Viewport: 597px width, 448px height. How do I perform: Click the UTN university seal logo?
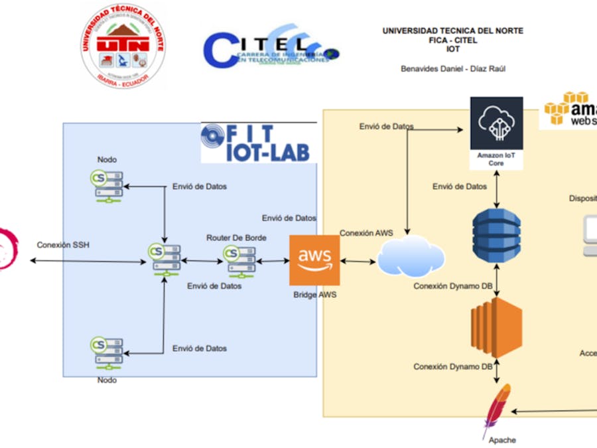(123, 46)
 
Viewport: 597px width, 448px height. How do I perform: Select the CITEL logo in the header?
(271, 48)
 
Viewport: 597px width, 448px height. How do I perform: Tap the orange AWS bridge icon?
(314, 260)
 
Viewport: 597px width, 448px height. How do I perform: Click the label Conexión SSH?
(63, 245)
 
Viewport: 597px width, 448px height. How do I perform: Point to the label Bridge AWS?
(314, 294)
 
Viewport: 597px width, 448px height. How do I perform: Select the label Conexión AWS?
(366, 233)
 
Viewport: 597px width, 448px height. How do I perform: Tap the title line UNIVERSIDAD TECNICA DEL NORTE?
(452, 31)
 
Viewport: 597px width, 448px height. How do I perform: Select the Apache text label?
(502, 440)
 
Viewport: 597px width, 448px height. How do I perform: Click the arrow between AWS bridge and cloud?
(358, 261)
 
